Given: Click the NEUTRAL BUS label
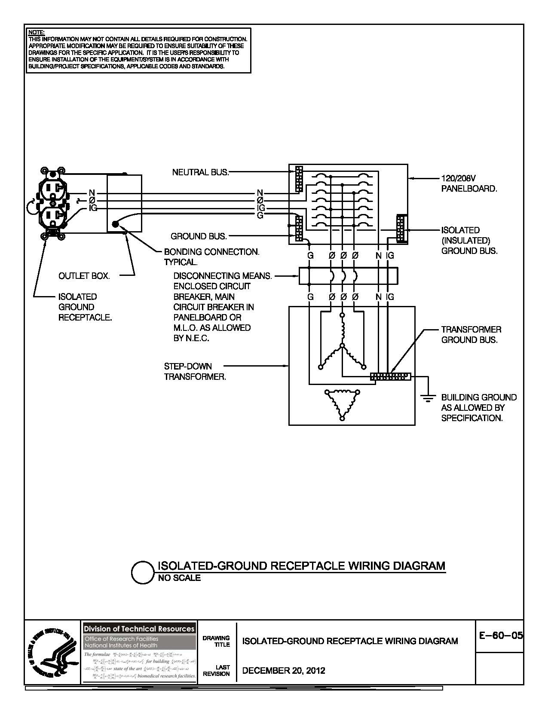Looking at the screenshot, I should coord(200,172).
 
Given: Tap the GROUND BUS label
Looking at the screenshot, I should coord(199,236).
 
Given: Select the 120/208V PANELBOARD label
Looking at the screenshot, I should coord(468,183).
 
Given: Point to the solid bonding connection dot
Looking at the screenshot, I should coord(115,224).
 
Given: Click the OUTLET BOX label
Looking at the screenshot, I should coord(84,276).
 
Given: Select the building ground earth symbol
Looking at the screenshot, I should coord(428,399).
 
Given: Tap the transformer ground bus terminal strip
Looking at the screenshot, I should coord(390,376).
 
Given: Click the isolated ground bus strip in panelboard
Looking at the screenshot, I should coord(401,229).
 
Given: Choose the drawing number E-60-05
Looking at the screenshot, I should coord(500,636).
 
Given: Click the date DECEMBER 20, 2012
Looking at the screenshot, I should coord(284,670).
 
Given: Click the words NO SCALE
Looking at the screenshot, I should coord(179,578).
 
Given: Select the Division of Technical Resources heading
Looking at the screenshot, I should coord(139,629).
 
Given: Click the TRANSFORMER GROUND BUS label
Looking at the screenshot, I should coord(471,335).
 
